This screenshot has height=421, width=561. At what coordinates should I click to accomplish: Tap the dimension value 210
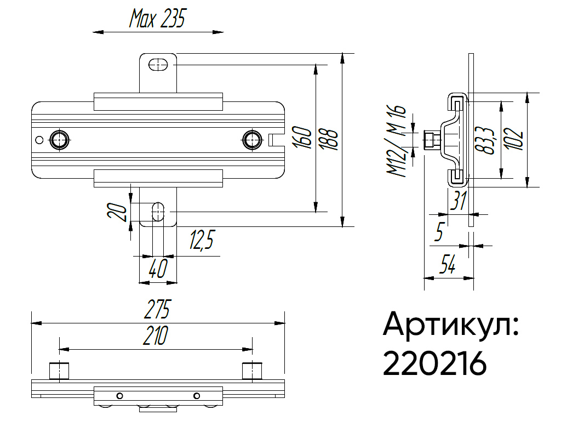[156, 335]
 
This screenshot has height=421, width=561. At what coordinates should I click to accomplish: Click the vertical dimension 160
[303, 139]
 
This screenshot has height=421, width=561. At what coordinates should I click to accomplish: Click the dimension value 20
[117, 211]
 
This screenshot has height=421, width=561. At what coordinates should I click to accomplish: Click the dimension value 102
[513, 140]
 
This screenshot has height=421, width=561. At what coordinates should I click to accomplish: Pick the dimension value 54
[448, 267]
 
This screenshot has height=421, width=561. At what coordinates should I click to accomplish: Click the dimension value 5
[438, 233]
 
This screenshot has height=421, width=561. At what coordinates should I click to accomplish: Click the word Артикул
[450, 325]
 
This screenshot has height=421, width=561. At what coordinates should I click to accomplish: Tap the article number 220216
[434, 363]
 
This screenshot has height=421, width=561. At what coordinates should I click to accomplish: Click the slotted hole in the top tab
[158, 64]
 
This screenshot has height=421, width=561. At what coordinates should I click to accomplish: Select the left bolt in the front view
[59, 139]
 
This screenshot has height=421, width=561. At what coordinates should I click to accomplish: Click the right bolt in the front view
[252, 139]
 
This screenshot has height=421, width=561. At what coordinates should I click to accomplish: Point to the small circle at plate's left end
[39, 140]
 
